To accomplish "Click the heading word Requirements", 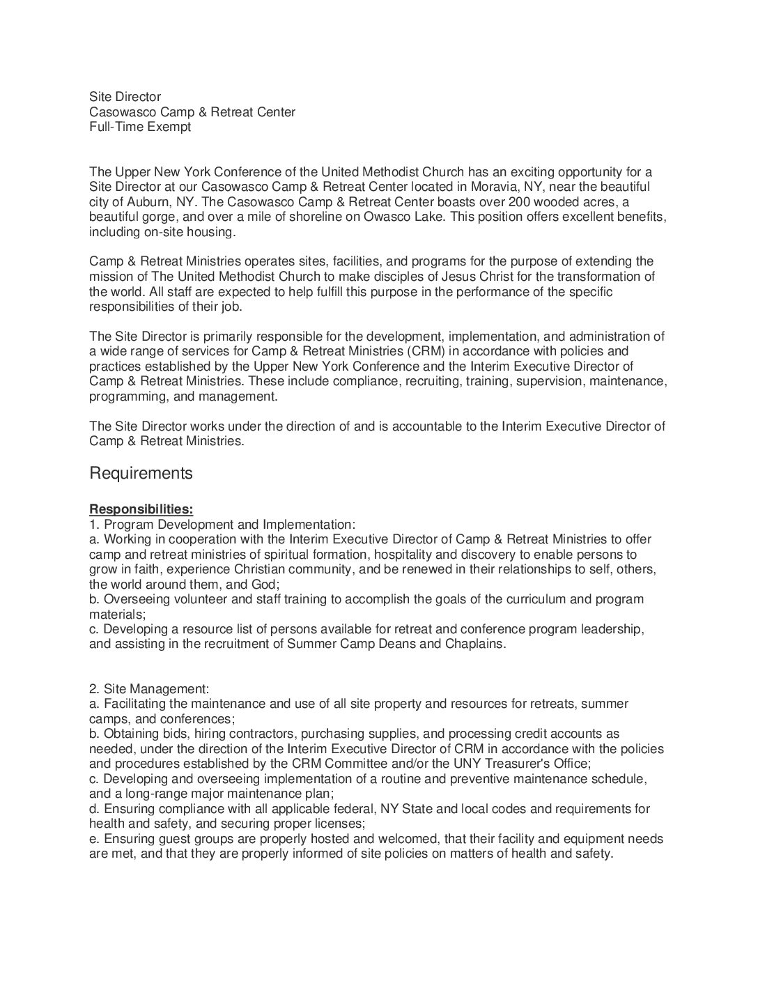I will pos(141,474).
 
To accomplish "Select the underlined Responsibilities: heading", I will pos(141,509).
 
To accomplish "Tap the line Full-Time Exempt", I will pos(139,127).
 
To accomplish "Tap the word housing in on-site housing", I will pos(213,232).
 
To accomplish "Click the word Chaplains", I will pos(473,644).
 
